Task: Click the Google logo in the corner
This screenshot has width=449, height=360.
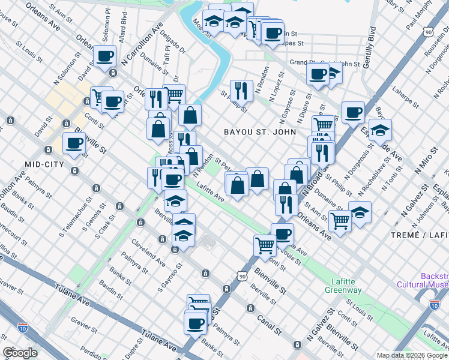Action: [20, 352]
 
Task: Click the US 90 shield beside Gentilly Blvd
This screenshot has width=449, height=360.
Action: [428, 31]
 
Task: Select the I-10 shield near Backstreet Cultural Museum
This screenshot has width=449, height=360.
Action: [434, 305]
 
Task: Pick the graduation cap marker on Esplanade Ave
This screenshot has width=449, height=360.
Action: [380, 129]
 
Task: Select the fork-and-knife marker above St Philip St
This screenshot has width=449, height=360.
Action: [241, 90]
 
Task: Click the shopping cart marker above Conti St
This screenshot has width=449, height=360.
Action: [265, 245]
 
